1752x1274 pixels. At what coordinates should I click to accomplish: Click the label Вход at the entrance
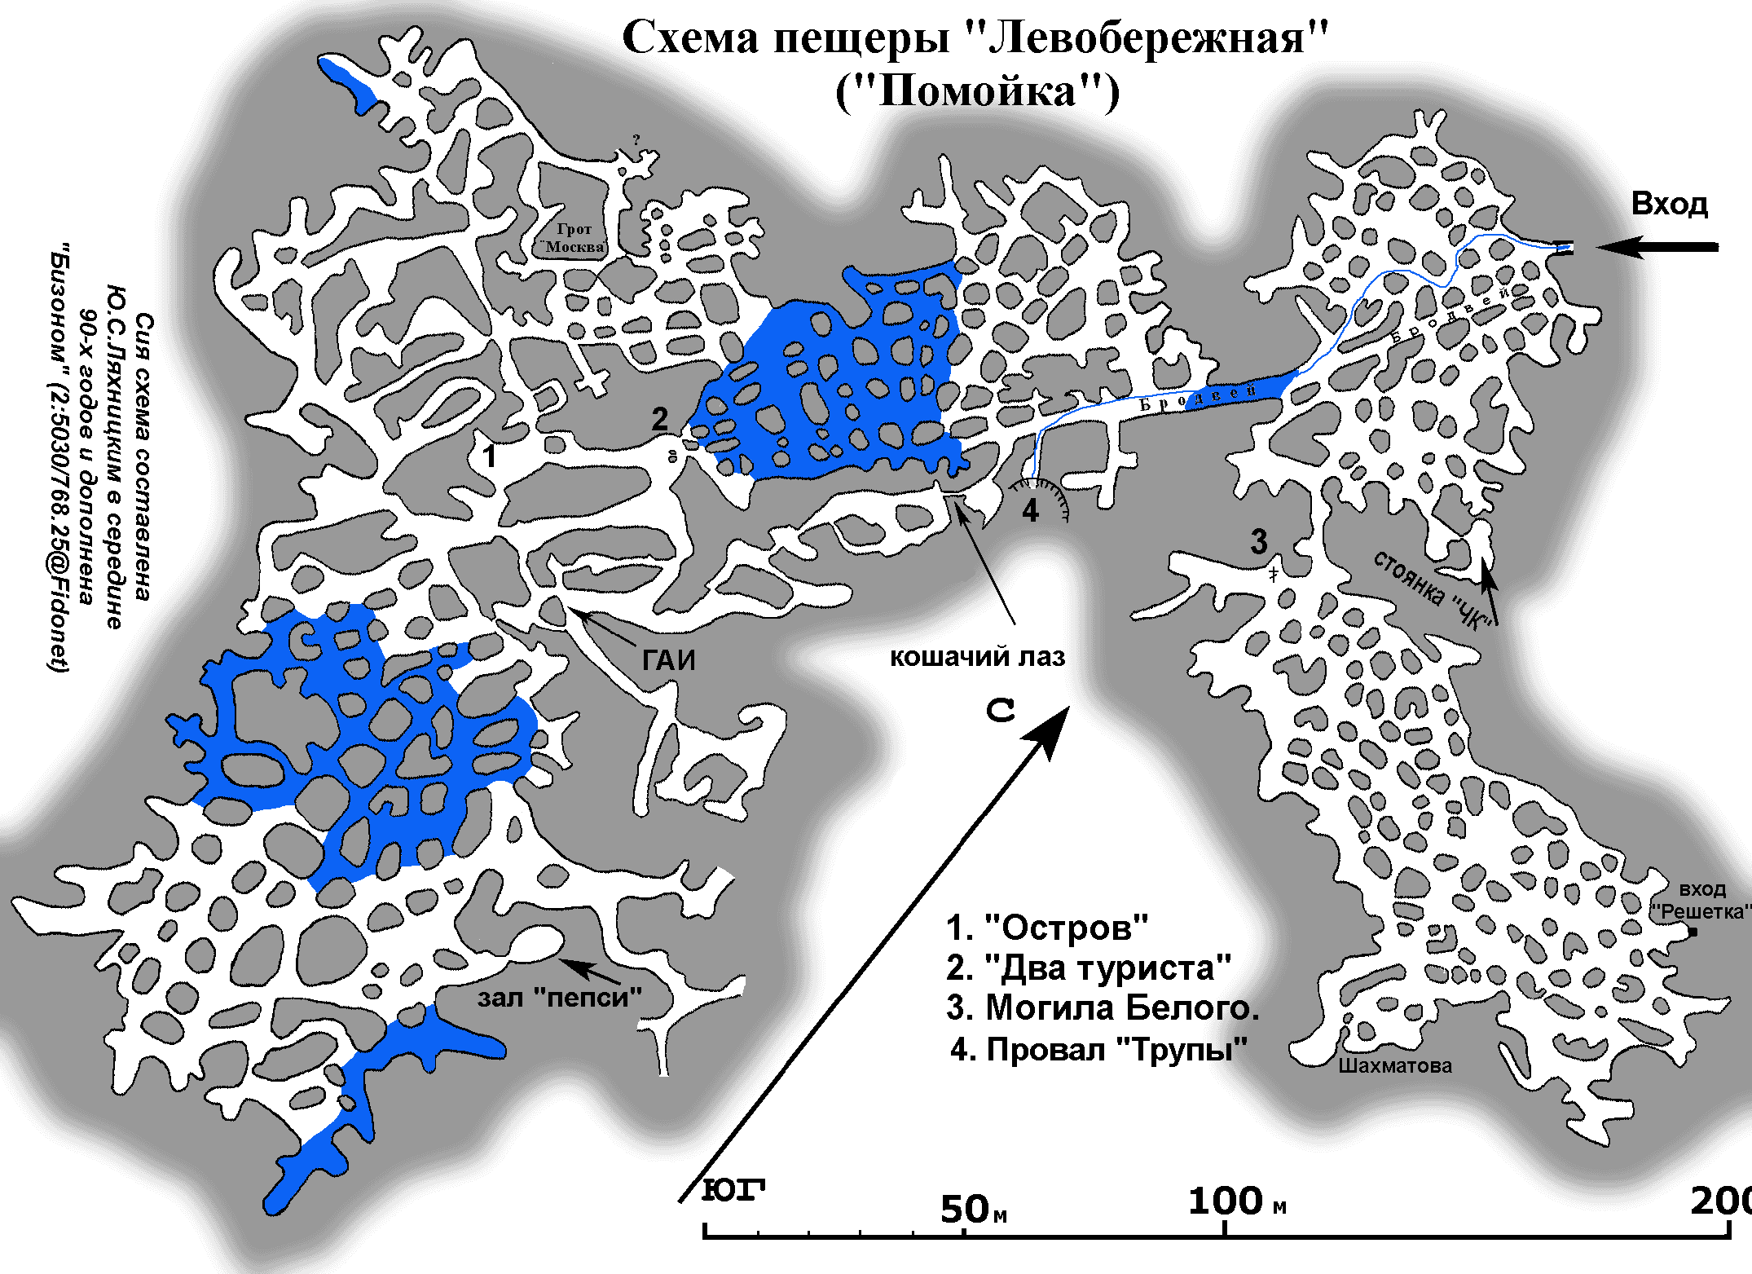(1668, 204)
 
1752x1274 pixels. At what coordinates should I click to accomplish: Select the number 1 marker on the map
(489, 456)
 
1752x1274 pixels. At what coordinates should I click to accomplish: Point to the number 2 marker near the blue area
(659, 419)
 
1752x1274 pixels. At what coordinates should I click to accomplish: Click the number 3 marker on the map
(1259, 541)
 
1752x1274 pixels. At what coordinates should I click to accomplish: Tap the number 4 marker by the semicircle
(1030, 511)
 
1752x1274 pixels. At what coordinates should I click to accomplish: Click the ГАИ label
(668, 659)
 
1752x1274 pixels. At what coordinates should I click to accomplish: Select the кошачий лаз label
(976, 657)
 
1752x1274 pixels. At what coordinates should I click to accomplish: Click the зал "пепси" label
(559, 998)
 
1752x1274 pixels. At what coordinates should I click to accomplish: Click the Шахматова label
(1394, 1065)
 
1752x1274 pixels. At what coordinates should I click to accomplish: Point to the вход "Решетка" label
(1701, 901)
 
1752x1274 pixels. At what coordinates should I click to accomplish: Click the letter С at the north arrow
(1000, 710)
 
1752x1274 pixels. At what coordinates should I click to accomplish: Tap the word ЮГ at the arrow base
(733, 1190)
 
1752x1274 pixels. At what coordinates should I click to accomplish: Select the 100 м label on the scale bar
(1235, 1201)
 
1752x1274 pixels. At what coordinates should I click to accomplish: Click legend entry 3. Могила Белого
(1103, 1008)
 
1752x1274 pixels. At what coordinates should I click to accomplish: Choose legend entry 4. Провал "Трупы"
(1098, 1049)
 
